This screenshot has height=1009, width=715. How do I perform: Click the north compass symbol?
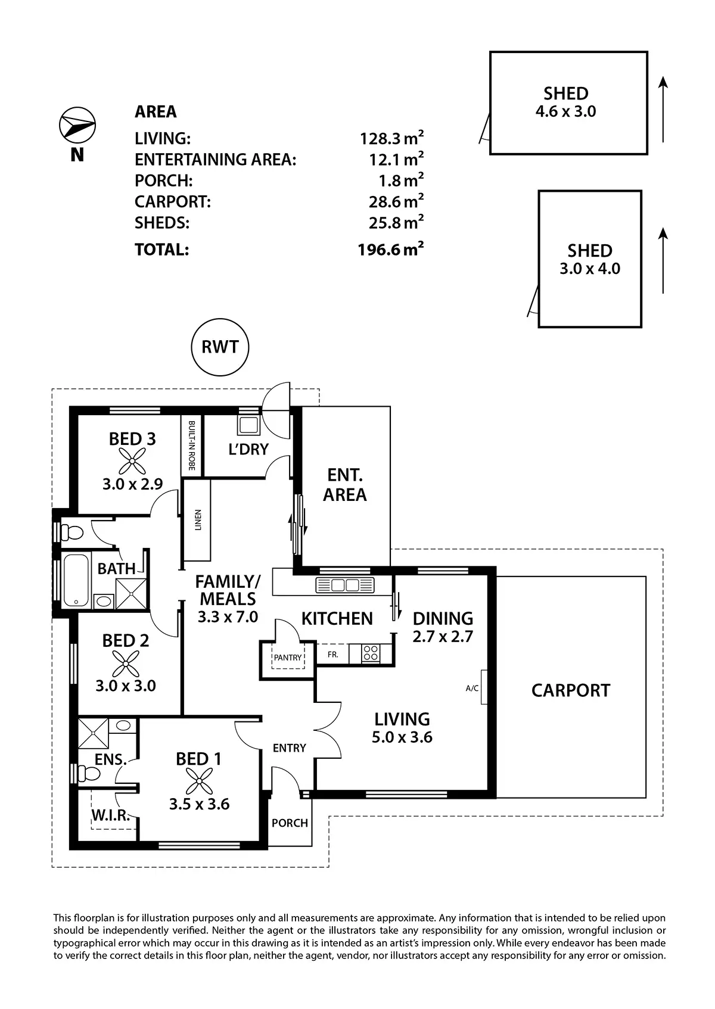click(x=77, y=125)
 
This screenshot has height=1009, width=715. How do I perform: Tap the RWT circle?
click(x=220, y=347)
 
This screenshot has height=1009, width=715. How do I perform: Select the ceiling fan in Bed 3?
click(x=132, y=460)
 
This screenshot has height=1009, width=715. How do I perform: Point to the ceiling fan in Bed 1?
click(x=198, y=781)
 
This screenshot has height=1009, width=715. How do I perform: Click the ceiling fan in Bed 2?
click(x=126, y=662)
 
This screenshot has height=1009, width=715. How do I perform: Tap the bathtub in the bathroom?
click(x=76, y=580)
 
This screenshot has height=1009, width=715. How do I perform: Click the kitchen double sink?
click(x=345, y=585)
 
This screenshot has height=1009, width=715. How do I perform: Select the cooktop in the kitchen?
click(x=370, y=653)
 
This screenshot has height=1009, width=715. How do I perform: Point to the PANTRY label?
click(x=288, y=658)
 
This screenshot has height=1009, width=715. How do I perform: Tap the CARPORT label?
click(x=571, y=690)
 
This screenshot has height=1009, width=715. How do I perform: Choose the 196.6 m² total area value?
click(x=391, y=249)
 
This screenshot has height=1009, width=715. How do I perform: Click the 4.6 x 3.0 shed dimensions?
click(x=565, y=111)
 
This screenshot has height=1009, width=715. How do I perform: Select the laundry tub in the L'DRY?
click(x=248, y=425)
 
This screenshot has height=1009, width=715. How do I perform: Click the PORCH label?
click(x=290, y=823)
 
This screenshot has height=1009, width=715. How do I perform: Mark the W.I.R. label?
click(x=111, y=815)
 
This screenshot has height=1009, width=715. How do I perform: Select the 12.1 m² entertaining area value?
click(x=396, y=159)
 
